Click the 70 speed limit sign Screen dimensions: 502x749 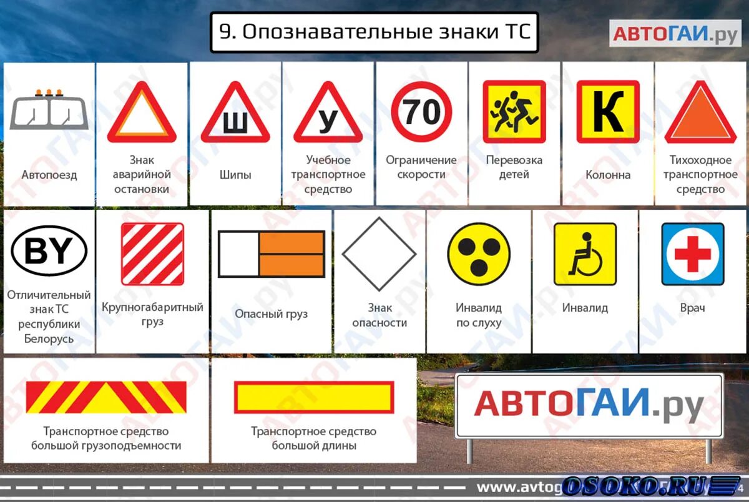(x=421, y=112)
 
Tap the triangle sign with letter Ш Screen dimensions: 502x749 (x=235, y=116)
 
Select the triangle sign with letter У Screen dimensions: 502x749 (x=328, y=116)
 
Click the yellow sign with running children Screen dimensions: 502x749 (x=514, y=112)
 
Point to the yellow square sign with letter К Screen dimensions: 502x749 (x=607, y=112)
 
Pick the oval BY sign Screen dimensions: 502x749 (x=49, y=252)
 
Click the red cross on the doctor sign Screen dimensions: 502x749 (x=693, y=254)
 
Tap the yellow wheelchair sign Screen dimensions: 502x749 (x=585, y=254)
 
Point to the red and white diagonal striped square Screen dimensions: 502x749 (x=152, y=254)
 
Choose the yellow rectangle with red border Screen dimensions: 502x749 (x=313, y=397)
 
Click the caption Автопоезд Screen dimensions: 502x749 (x=49, y=175)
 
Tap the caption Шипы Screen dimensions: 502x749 (x=235, y=175)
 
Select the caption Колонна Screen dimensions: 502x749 (x=607, y=175)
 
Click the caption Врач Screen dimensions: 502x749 (x=693, y=308)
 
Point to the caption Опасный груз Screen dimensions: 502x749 (x=271, y=314)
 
